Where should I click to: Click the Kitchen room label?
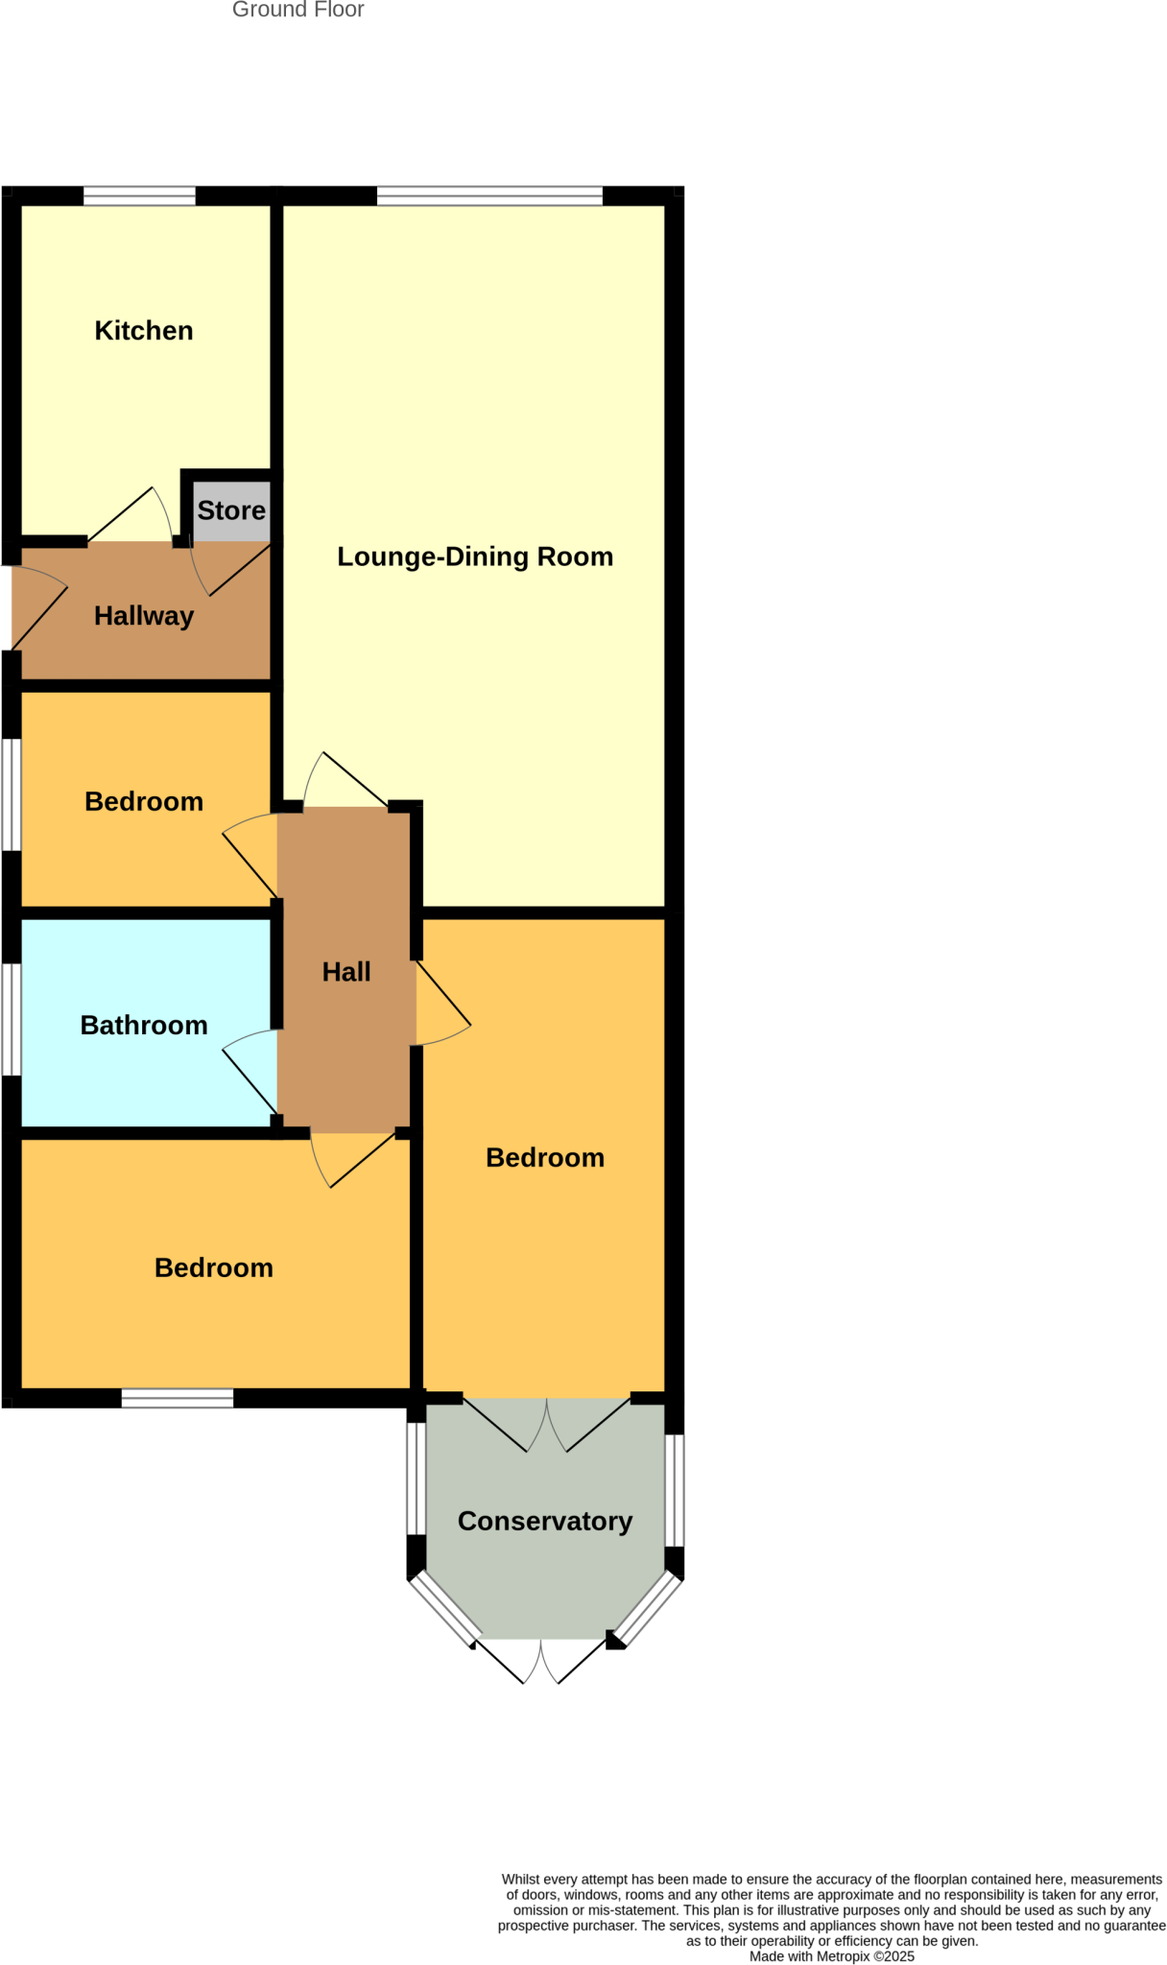pos(144,331)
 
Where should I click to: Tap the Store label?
pos(231,510)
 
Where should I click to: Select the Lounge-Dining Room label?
pos(475,556)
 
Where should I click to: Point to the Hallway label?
pos(144,616)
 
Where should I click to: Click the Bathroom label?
pos(144,1026)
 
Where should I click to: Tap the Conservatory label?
pos(545,1521)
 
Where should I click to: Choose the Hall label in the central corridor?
pos(346,972)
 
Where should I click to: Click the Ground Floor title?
pos(298,11)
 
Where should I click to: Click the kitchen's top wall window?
pos(139,196)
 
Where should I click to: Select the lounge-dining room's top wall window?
pos(489,196)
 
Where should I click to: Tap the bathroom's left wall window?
pos(11,1019)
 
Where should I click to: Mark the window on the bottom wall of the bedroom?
pos(178,1398)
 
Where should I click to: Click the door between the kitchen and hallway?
pos(131,518)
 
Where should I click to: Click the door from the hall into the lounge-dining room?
pos(345,779)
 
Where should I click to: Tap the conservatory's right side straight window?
pos(675,1490)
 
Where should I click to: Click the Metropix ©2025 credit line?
pos(831,1956)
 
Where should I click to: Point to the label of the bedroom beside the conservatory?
pos(545,1158)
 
